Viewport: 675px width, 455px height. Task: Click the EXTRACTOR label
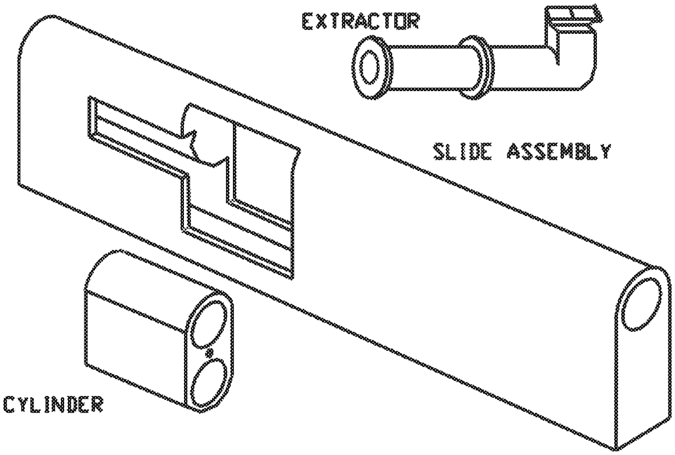[361, 21]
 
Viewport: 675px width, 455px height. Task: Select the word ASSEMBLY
[559, 151]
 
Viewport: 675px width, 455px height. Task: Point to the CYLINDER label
[53, 404]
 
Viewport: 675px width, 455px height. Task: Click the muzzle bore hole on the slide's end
[642, 305]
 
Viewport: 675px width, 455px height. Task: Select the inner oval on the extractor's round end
[370, 67]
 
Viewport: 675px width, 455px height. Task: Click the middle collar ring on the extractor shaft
[476, 67]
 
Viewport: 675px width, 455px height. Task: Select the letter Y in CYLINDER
[25, 404]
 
